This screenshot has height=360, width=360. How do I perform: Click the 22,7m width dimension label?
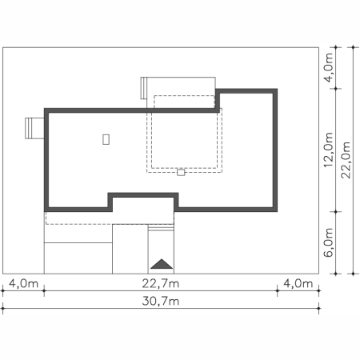point(161,283)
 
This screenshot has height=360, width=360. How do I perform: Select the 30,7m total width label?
point(161,301)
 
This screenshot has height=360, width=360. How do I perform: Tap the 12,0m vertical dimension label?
point(329,150)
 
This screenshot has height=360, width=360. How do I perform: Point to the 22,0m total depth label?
point(346,160)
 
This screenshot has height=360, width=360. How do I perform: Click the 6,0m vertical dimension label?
point(329,242)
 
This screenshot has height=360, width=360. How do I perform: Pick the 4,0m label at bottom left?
point(23,283)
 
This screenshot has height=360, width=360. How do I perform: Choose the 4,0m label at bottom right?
point(298,283)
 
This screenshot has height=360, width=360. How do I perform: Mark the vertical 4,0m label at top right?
point(329,68)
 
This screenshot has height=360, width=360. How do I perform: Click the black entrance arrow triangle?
point(162,264)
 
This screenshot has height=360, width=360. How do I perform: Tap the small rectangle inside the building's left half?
point(106,139)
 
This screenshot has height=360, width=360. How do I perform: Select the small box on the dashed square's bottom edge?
point(181,172)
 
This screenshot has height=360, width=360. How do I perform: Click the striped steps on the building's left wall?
point(34,128)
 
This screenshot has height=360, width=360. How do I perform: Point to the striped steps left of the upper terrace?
point(144,88)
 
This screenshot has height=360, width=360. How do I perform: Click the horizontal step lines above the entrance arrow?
point(161,227)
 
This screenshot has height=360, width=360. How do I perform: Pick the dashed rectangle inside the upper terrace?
point(184,102)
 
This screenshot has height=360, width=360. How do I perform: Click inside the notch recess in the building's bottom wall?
point(143,204)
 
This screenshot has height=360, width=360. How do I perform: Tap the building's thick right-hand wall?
point(275,150)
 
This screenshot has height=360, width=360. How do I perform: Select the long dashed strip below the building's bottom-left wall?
point(110,218)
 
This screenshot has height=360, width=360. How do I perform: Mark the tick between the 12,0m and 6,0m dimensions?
point(336,212)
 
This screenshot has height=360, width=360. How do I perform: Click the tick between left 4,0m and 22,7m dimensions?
point(44,290)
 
